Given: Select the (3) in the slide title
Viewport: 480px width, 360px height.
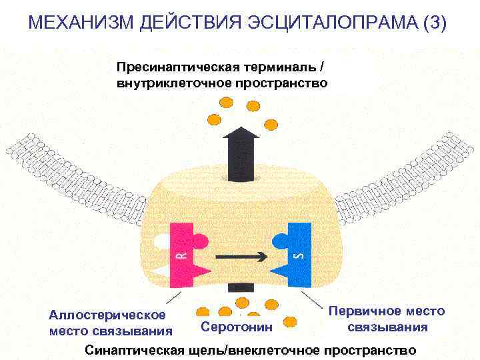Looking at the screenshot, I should click(435, 24).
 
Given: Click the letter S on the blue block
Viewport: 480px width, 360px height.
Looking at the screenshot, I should click(299, 255).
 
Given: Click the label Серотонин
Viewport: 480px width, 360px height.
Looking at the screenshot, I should click(237, 327).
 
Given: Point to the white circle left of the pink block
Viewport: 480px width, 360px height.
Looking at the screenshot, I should click(161, 239).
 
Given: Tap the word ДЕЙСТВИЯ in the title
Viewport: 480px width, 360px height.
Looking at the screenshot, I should click(181, 24).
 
